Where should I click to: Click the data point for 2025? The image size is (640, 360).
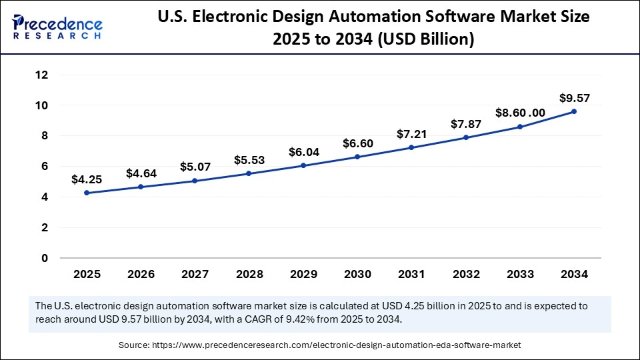coord(87,193)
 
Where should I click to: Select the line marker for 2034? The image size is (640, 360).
coord(574,112)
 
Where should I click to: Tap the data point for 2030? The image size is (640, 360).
coord(357,157)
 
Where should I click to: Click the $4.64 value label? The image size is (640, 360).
coord(141,173)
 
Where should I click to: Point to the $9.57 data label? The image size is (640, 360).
coord(574,98)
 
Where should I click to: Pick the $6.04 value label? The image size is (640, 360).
coord(303,152)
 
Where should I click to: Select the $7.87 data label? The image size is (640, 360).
coord(466,124)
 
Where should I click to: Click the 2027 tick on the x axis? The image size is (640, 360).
coord(195,274)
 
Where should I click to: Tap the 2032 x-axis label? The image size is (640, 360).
coord(466,274)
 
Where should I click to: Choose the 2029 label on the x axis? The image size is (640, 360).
coord(303,274)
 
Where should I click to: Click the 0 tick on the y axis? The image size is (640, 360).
coord(45,258)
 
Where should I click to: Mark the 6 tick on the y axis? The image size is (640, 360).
coord(45,167)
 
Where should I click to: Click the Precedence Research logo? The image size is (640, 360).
coord(57,27)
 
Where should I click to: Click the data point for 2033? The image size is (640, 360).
coord(520,127)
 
